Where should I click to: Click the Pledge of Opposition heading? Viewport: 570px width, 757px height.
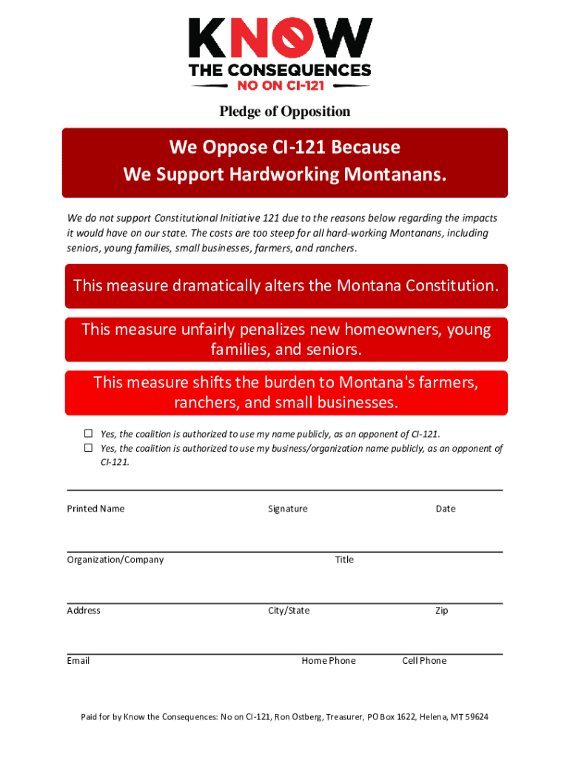tap(284, 112)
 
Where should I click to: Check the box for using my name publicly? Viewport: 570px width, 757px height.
tap(87, 433)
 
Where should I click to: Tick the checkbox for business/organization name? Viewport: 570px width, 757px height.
tap(87, 448)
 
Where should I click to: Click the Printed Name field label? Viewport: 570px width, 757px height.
tap(95, 509)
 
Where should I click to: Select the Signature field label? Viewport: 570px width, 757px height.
tap(287, 509)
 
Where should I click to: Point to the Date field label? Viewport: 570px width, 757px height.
tap(446, 509)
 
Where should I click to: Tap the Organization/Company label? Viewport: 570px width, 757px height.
tap(115, 560)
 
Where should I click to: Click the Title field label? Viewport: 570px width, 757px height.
tap(344, 560)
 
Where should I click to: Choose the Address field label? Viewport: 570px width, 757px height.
tap(84, 611)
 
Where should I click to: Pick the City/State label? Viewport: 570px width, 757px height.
tap(289, 611)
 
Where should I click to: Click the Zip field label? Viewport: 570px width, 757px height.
tap(441, 611)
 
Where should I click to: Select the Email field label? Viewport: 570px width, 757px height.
tap(78, 661)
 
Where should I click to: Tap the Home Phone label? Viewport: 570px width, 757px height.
tap(328, 661)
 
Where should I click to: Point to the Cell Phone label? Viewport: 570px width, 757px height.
tap(424, 661)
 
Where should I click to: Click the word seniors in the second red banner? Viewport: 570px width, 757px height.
tap(337, 348)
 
